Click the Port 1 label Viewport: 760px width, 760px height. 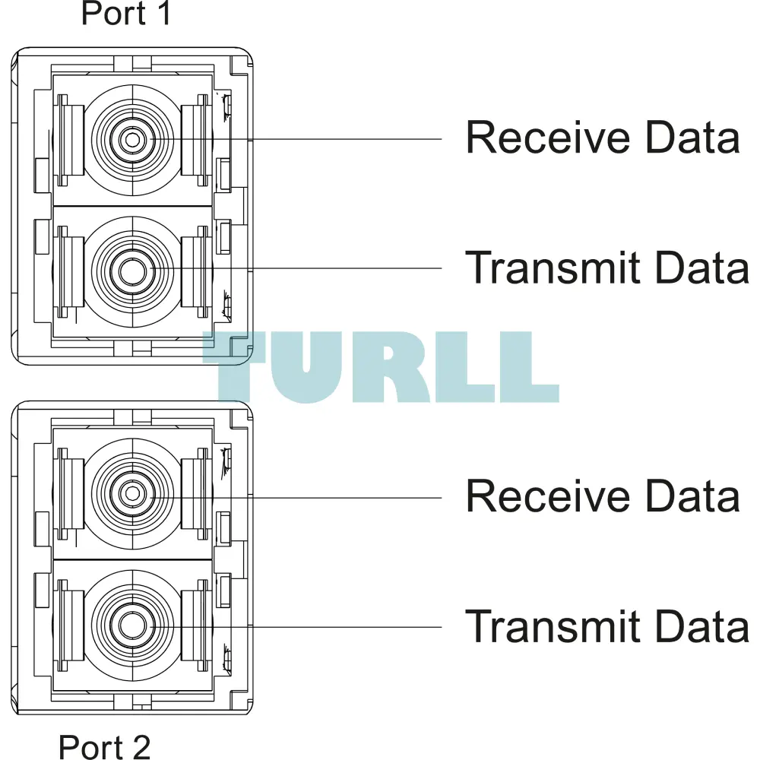(126, 13)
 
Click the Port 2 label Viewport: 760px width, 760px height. (105, 746)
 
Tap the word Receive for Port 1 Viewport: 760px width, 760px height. (548, 137)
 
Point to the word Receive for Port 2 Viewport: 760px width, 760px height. (548, 496)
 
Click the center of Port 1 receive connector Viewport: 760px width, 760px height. (131, 140)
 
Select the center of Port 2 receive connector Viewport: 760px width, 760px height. (131, 494)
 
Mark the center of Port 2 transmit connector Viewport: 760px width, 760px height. (131, 624)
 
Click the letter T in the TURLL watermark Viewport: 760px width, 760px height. (236, 367)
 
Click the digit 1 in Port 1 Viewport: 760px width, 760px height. (164, 13)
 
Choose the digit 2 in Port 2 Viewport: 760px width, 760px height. (141, 746)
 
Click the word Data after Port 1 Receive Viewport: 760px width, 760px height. (692, 137)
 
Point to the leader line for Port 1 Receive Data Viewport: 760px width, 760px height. (296, 139)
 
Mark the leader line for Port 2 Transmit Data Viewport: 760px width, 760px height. (296, 627)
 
